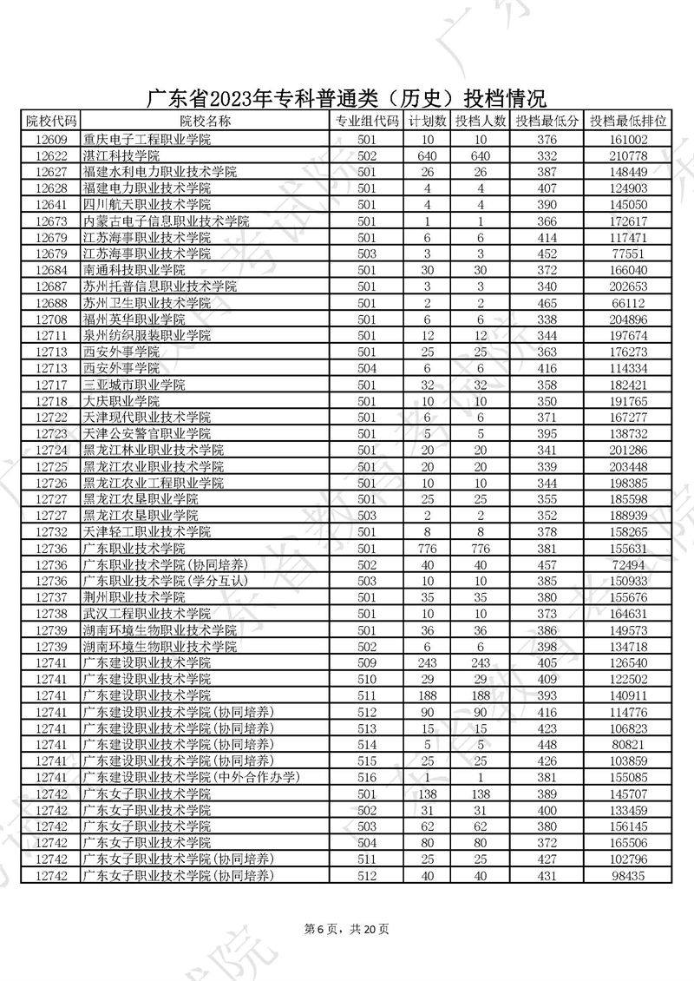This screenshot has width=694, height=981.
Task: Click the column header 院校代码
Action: (50, 122)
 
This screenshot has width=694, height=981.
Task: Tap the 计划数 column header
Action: (428, 122)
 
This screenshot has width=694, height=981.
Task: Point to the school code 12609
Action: (50, 139)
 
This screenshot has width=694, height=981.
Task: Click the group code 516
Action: (367, 777)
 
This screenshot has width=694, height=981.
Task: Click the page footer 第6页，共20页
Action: (347, 929)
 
